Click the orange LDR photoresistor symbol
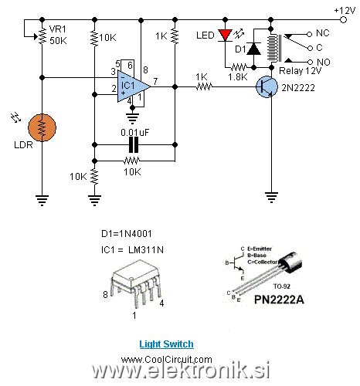42,127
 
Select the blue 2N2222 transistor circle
267,87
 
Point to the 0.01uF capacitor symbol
134,145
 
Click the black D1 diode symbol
253,49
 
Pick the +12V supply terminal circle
343,19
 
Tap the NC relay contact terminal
310,34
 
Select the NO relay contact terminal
310,62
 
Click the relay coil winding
273,48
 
